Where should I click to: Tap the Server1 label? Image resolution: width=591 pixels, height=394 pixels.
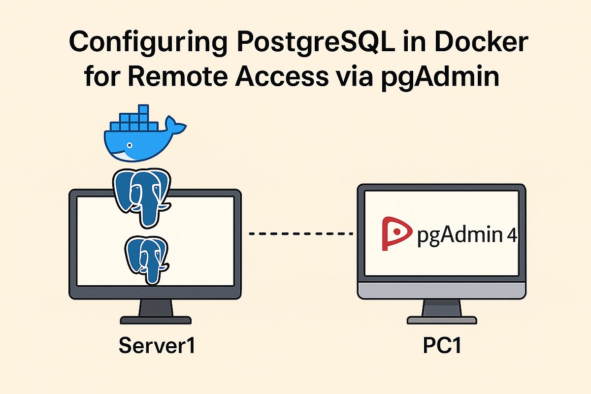(157, 345)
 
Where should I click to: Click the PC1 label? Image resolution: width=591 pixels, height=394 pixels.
(442, 345)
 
